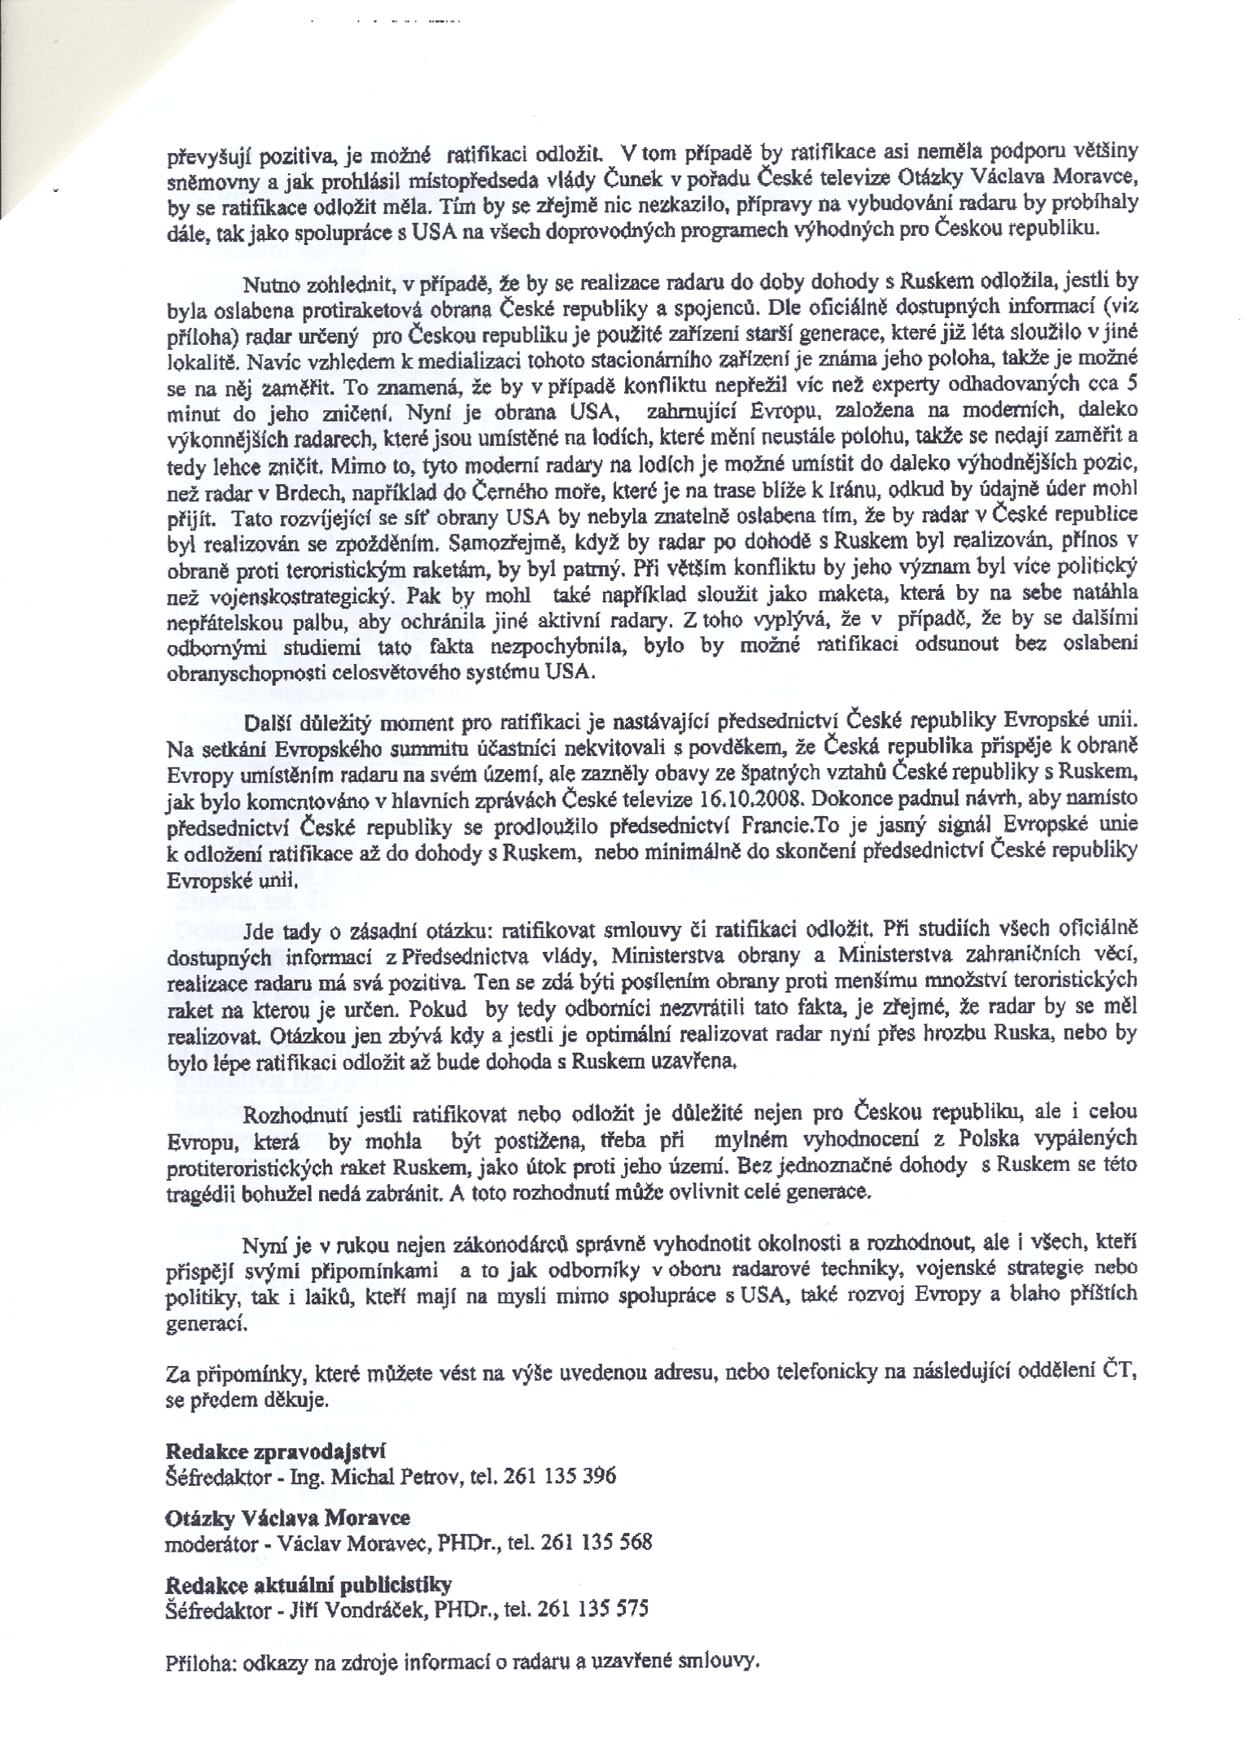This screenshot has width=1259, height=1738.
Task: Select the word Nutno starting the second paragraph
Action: click(270, 282)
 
